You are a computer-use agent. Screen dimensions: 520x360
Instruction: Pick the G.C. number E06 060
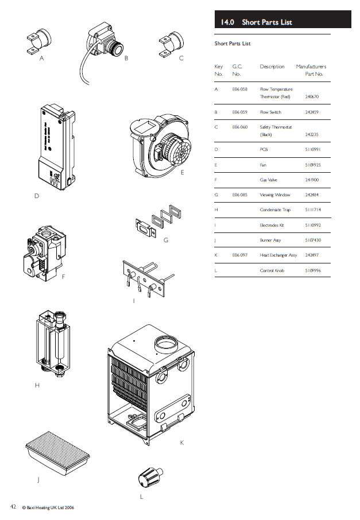(x=240, y=127)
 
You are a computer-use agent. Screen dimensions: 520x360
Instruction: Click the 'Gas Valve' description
(x=269, y=180)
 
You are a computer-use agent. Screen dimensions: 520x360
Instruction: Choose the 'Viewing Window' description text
(x=275, y=195)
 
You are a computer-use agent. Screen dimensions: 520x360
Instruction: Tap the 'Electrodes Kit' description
(x=272, y=225)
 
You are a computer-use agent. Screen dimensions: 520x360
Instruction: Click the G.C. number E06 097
(x=240, y=255)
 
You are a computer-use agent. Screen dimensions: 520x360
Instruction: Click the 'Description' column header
(x=272, y=67)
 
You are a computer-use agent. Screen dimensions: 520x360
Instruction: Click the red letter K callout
(x=181, y=442)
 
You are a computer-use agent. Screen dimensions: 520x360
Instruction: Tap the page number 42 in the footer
(x=12, y=507)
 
